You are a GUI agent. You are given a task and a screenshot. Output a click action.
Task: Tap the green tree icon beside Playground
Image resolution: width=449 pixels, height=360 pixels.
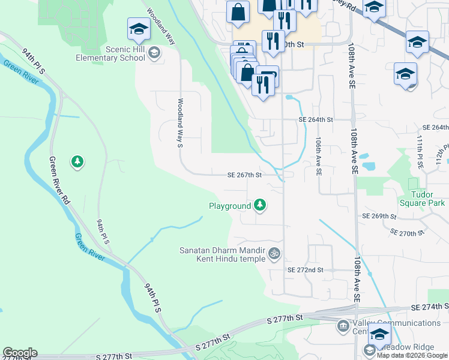[260, 206]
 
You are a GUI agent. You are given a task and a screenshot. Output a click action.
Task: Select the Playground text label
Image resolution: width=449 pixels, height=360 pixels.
[229, 206]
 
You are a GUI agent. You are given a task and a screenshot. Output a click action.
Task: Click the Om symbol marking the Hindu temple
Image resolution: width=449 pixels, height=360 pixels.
[274, 253]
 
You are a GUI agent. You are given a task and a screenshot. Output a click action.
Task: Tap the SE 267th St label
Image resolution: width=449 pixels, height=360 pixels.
[245, 175]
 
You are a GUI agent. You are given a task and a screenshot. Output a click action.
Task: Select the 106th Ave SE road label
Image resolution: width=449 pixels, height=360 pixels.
[318, 155]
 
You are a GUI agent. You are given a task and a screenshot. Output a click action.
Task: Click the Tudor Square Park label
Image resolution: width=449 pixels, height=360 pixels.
[427, 199]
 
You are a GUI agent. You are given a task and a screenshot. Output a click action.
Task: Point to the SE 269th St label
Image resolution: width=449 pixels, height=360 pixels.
[379, 216]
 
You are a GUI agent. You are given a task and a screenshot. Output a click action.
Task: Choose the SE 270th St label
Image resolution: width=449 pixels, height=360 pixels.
[406, 232]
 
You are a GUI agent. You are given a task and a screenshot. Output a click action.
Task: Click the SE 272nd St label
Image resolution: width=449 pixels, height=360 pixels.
[305, 271]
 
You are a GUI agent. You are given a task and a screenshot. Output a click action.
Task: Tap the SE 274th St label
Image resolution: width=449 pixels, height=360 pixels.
[430, 307]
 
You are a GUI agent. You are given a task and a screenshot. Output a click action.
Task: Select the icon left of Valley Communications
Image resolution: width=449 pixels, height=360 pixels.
[343, 326]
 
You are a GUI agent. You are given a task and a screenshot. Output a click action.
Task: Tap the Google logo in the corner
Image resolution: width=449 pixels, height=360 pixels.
[19, 353]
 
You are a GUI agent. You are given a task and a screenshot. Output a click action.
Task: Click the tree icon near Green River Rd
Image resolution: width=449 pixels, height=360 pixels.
[77, 161]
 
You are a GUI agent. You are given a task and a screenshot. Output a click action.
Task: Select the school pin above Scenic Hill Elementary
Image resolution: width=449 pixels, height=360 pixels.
[139, 29]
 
